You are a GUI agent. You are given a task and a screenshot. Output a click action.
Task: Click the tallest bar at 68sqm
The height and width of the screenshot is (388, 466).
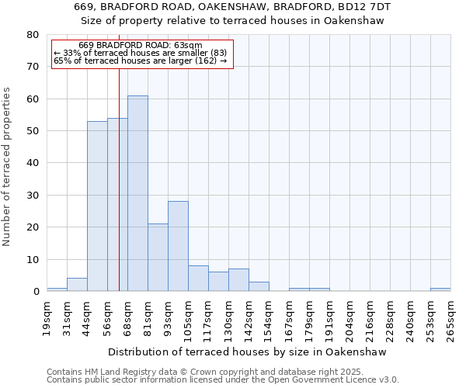point(137,194)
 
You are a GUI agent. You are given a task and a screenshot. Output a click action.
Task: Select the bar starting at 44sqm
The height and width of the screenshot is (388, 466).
point(97,206)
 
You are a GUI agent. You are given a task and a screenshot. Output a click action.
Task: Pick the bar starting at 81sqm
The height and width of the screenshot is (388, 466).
point(158,258)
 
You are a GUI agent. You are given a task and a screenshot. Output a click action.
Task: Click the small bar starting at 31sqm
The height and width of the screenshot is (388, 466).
point(77,285)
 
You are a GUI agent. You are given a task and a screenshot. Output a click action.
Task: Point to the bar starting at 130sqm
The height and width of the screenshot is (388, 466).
point(238,280)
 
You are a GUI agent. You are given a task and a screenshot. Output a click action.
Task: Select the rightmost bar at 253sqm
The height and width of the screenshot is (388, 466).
point(440,289)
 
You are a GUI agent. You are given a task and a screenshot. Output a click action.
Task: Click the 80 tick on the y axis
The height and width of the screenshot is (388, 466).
point(33,35)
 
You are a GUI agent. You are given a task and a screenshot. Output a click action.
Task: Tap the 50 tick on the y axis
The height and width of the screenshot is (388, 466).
point(33,131)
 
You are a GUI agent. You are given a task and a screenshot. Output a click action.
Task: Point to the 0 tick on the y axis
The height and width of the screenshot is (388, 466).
point(36,292)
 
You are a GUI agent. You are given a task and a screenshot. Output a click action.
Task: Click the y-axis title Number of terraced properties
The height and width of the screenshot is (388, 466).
point(7,167)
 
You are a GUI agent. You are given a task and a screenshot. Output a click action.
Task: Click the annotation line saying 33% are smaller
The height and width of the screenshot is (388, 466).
point(140,53)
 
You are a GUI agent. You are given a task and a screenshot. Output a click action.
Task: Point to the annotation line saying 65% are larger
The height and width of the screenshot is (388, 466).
point(140,61)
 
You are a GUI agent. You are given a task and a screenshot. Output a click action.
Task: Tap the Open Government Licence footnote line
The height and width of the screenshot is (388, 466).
point(223,380)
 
